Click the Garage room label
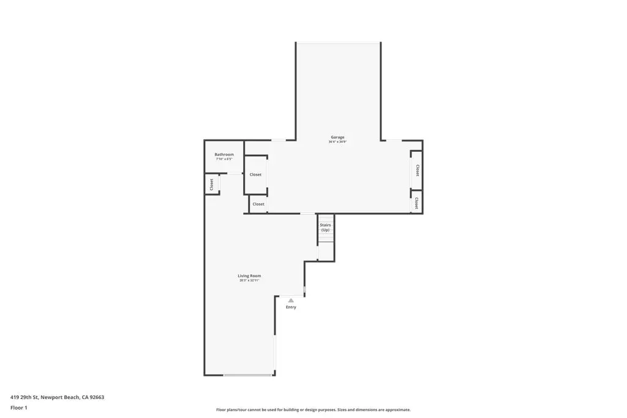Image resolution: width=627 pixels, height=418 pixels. (x=337, y=137)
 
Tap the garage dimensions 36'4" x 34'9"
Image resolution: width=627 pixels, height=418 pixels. (x=337, y=142)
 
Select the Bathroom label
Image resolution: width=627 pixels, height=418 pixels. (x=224, y=154)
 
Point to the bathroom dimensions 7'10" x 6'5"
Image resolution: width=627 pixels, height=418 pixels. (x=224, y=159)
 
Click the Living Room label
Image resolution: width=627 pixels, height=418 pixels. (x=249, y=275)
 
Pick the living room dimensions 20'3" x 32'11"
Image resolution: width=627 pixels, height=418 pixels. (x=249, y=280)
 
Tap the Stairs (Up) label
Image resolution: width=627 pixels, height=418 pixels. (x=326, y=227)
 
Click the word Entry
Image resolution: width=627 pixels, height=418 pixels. (x=291, y=307)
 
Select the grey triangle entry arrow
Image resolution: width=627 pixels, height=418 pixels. (x=291, y=300)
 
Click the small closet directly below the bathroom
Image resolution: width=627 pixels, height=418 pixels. (x=212, y=184)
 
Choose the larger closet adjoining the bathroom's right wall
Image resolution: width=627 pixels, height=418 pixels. (x=255, y=174)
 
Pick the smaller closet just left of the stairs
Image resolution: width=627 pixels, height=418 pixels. (x=258, y=204)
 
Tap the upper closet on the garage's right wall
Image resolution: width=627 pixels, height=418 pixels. (x=417, y=170)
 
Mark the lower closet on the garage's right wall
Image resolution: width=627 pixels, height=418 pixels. (x=416, y=202)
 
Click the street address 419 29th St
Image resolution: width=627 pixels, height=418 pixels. (x=24, y=397)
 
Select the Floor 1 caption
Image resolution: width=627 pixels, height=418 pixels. (x=19, y=408)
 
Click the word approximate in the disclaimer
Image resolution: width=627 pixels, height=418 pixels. (x=397, y=410)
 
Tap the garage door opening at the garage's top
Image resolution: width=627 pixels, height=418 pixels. (x=338, y=43)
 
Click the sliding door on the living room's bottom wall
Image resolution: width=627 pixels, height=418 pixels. (x=247, y=375)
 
